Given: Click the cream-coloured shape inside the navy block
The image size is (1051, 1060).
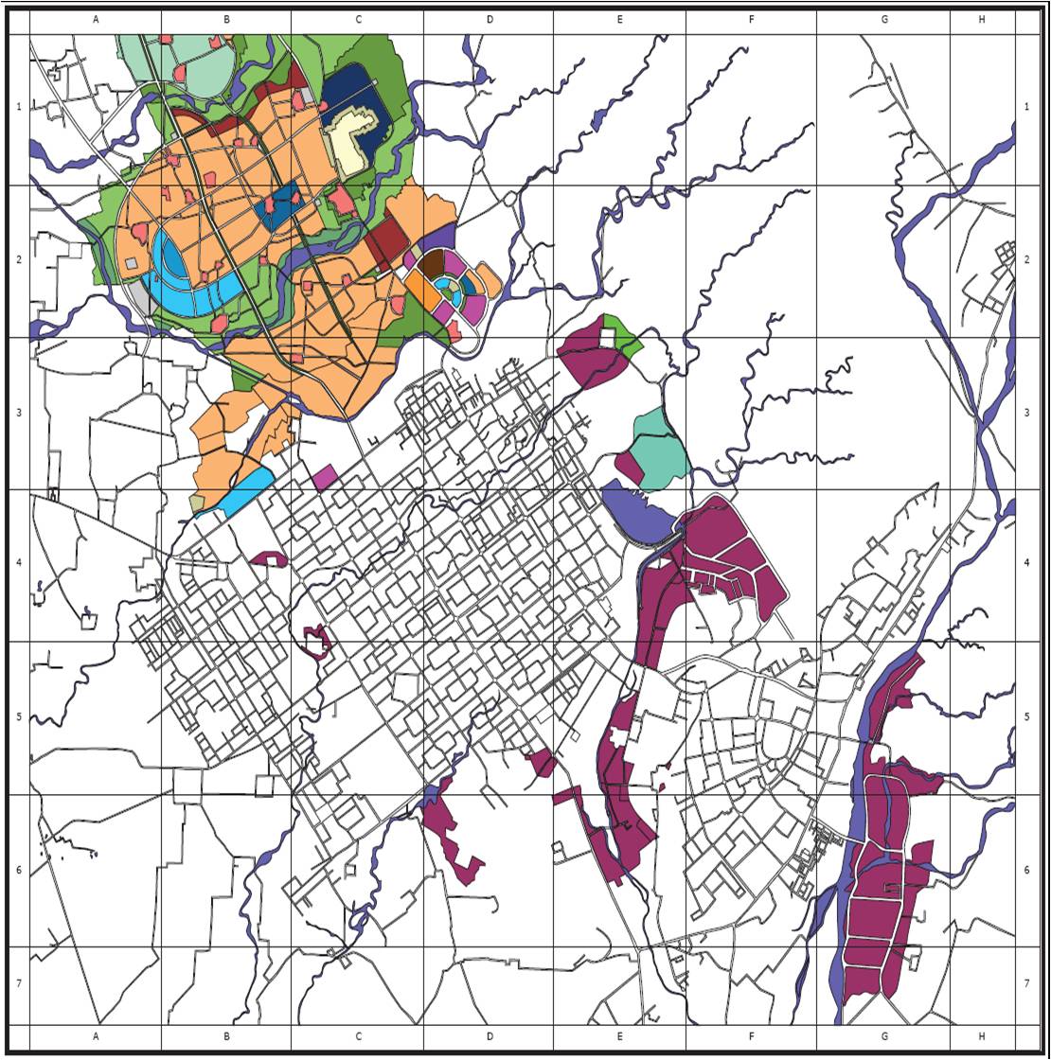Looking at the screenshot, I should pyautogui.click(x=354, y=142).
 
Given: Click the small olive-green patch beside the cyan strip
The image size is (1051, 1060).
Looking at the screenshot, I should pyautogui.click(x=197, y=503).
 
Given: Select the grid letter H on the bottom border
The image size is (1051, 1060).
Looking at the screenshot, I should pyautogui.click(x=980, y=1036).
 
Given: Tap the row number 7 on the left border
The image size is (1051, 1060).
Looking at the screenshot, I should pyautogui.click(x=19, y=983).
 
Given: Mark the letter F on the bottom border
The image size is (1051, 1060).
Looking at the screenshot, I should pyautogui.click(x=751, y=1036).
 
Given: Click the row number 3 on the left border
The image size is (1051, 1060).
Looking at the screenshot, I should pyautogui.click(x=19, y=413).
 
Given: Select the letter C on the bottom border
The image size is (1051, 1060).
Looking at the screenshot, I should pyautogui.click(x=359, y=1036).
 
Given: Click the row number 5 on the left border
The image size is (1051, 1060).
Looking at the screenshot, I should pyautogui.click(x=19, y=716).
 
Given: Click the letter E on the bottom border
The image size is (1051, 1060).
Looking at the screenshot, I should pyautogui.click(x=619, y=1036).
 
